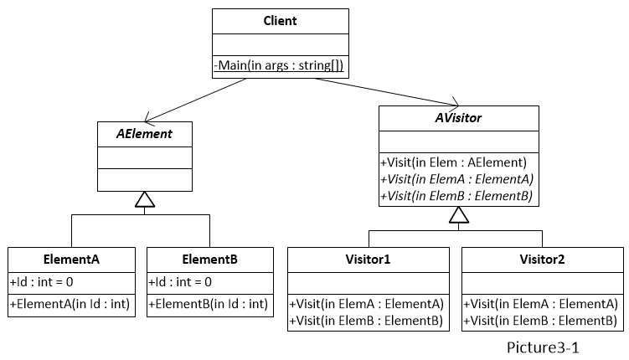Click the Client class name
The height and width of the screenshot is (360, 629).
[280, 21]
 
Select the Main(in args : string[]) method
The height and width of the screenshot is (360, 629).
[280, 65]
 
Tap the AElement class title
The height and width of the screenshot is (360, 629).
[145, 134]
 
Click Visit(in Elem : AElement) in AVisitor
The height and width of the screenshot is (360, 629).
[453, 163]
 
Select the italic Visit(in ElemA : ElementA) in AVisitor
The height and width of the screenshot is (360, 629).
[456, 178]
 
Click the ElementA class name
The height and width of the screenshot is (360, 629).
[72, 260]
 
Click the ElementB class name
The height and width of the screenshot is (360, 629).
[210, 260]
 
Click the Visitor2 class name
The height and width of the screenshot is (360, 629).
[542, 260]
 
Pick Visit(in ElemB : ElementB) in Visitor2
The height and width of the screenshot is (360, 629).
[542, 320]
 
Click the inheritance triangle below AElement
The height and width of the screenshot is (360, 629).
[145, 199]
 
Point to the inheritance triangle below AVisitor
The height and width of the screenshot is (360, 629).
[457, 215]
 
